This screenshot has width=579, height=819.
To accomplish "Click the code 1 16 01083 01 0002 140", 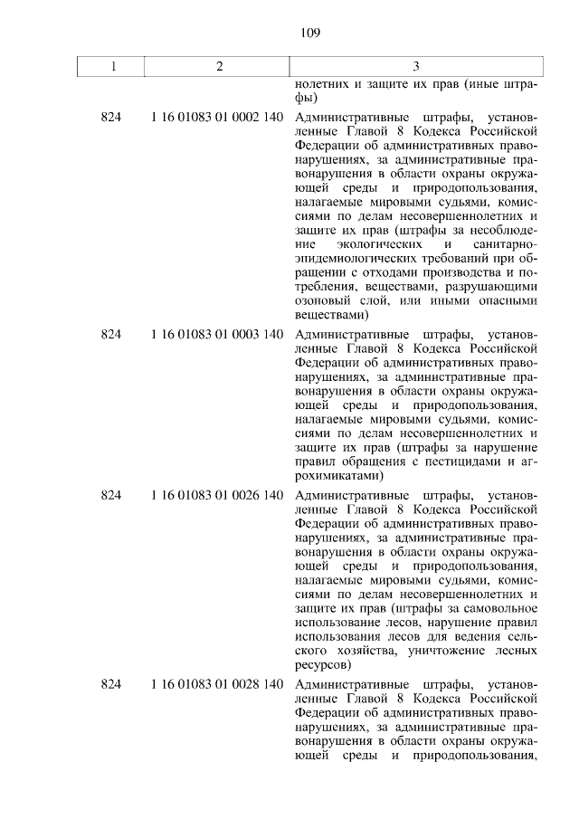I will [218, 118].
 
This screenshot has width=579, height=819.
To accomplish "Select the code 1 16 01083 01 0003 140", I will [218, 335].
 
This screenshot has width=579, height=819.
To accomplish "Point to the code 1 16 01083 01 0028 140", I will [218, 682].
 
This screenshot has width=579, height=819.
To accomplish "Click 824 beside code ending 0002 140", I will [111, 118].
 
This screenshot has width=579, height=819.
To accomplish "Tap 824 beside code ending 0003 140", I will [111, 335].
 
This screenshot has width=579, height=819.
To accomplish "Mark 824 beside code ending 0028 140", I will [111, 682].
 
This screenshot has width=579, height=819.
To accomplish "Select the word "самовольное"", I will [496, 608].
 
